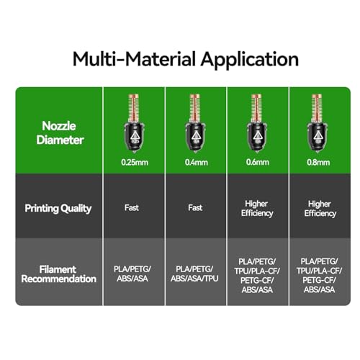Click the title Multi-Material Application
click(x=186, y=59)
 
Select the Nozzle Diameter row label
click(x=60, y=132)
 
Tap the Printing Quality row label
click(x=58, y=208)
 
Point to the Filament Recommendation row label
click(x=58, y=274)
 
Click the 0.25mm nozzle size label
click(x=135, y=163)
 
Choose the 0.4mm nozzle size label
click(x=196, y=163)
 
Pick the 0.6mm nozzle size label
click(x=257, y=162)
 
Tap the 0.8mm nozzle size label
click(x=318, y=163)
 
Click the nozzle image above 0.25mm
click(x=134, y=124)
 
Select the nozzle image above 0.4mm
click(x=195, y=124)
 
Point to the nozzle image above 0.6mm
click(x=257, y=124)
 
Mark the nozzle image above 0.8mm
click(x=318, y=124)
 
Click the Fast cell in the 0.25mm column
click(x=132, y=207)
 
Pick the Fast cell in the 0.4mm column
click(x=195, y=207)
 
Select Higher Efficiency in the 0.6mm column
click(x=257, y=208)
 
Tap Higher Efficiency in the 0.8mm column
click(x=320, y=209)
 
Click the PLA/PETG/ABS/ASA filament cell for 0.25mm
click(x=132, y=274)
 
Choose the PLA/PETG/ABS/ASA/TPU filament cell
click(x=194, y=274)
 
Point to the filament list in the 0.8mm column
click(x=319, y=275)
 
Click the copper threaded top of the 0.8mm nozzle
click(x=317, y=109)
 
